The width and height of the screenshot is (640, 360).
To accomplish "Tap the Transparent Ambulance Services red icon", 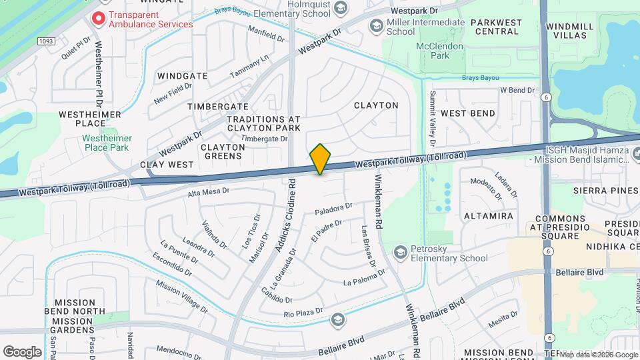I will (99, 19).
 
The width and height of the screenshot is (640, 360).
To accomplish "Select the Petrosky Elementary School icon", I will (400, 252).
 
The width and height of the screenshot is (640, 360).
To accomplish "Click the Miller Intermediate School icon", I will (376, 26).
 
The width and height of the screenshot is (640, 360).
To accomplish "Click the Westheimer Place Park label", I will (107, 143).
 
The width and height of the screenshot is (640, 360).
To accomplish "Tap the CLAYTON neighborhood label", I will (376, 105).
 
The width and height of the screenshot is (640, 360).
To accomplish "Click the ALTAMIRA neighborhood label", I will (489, 216).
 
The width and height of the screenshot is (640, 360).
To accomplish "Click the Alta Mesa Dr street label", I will (208, 191).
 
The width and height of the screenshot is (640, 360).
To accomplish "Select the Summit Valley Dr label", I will (432, 118).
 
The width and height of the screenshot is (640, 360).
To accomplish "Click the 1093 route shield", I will (45, 41).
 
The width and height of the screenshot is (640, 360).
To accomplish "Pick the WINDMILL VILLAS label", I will (569, 31).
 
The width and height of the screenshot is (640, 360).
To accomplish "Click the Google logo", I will (22, 351).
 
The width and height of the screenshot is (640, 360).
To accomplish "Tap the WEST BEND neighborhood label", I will (468, 113).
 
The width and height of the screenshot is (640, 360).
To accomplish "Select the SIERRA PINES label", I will (605, 191).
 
